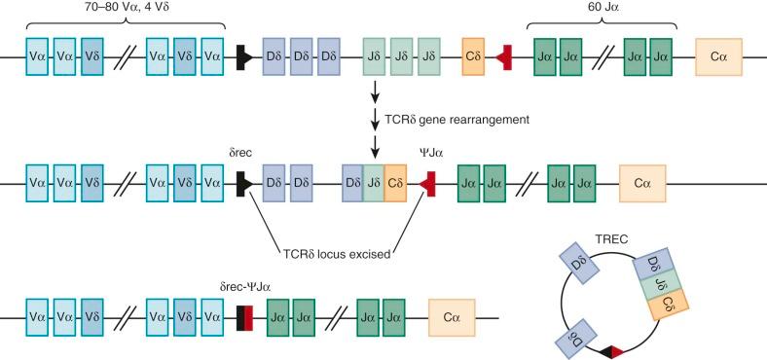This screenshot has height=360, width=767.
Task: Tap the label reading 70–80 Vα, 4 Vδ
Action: (127, 8)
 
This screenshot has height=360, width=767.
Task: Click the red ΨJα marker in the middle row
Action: (427, 183)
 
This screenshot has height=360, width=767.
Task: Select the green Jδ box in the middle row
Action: (374, 183)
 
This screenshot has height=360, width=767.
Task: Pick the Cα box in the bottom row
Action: (453, 316)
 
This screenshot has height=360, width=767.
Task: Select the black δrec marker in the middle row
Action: (243, 183)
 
